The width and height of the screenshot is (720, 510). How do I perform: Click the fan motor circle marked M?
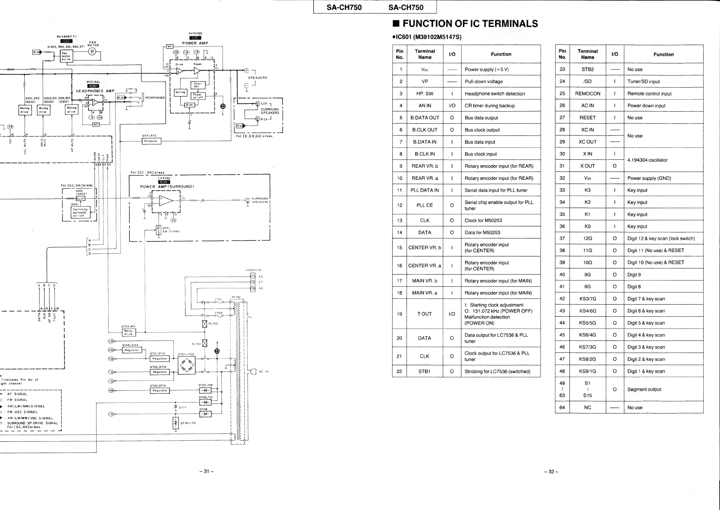92,51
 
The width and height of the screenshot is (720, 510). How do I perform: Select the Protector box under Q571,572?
151,141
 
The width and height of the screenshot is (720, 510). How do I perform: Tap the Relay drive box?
129,332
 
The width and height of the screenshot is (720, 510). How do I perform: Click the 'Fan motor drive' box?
66,56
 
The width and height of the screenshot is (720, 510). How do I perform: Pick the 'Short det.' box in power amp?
197,85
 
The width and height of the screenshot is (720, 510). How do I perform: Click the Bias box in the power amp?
189,105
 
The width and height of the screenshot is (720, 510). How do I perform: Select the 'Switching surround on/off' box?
80,212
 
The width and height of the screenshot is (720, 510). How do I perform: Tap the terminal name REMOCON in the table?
587,94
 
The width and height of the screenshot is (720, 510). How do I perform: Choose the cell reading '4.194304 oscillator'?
647,160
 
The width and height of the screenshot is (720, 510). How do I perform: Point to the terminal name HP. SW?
425,94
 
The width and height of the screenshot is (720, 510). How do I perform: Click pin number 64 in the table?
562,408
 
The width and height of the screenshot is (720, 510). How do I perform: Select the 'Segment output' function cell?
644,389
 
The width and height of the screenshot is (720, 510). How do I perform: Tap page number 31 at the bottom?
206,471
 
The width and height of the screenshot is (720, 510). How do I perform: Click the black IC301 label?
93,86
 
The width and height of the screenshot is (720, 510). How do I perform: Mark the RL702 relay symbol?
205,324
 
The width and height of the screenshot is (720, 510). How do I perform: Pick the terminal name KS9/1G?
587,371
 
